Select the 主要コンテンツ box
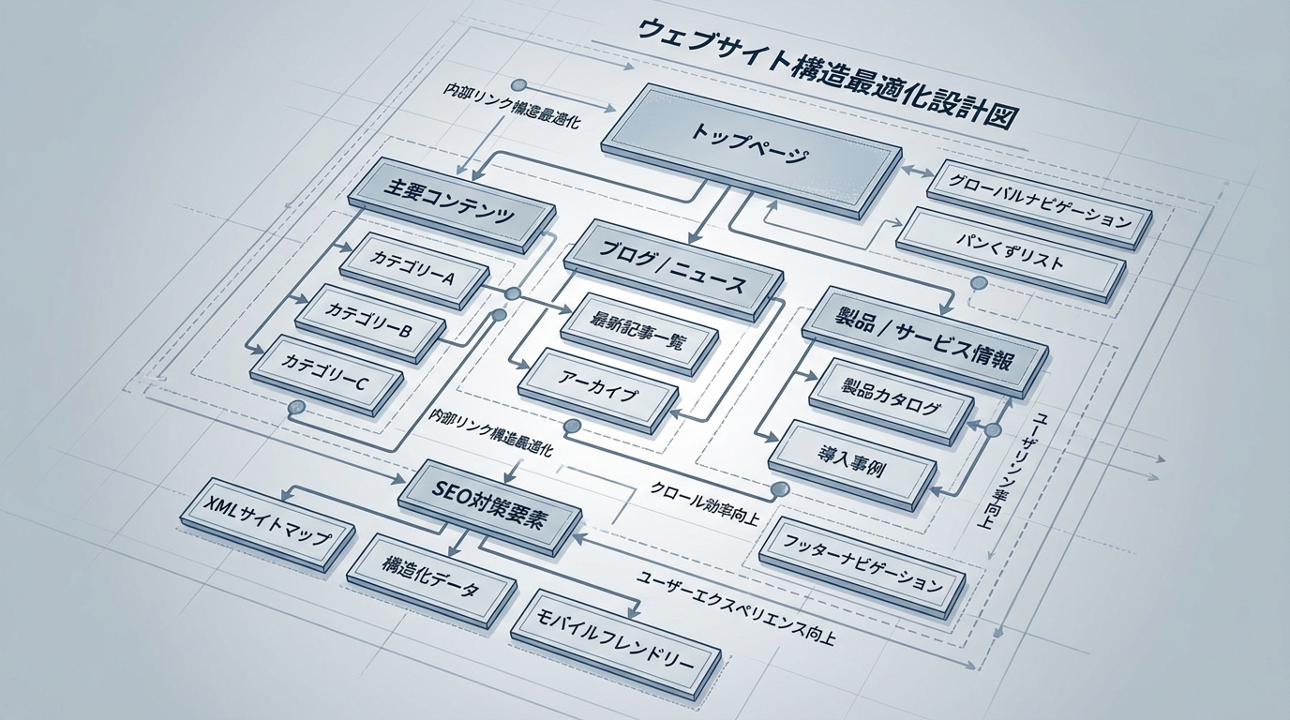point(449,203)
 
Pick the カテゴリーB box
point(368,319)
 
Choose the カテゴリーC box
point(327,372)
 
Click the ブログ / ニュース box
point(673,266)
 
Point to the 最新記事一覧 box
point(637,332)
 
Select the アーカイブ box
point(597,392)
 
